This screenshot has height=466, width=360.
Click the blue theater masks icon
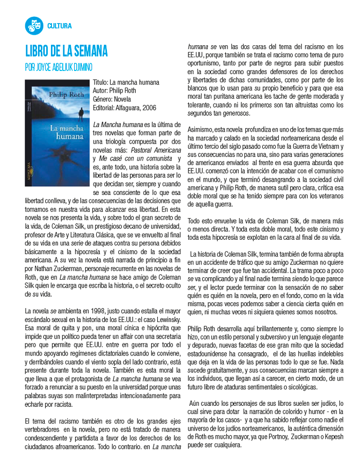(33, 25)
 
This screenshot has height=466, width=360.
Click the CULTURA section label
(59, 26)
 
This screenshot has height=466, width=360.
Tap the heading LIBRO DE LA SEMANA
(66, 51)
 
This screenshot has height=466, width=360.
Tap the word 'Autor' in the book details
(101, 91)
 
